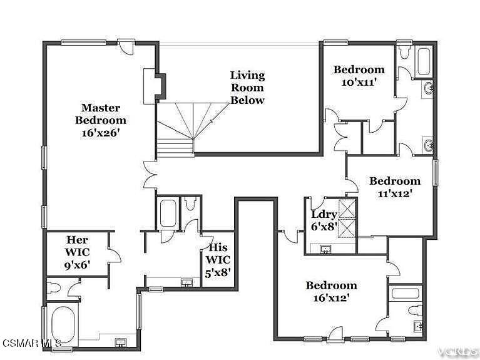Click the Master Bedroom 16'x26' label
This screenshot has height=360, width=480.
[x=101, y=121]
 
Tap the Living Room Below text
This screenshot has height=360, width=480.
[x=247, y=88]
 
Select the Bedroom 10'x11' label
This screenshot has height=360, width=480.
[x=359, y=76]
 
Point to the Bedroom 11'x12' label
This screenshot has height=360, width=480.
[x=395, y=187]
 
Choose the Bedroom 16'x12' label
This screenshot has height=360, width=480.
[x=331, y=291]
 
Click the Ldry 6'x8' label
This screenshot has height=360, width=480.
[x=324, y=220]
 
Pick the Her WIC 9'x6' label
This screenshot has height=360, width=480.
[x=77, y=252]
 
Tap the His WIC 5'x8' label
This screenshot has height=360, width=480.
[x=218, y=260]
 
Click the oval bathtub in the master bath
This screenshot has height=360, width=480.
[x=63, y=325]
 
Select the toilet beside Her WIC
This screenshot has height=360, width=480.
[x=54, y=287]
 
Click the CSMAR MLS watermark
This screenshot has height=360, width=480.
[x=31, y=342]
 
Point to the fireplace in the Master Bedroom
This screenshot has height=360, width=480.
[x=155, y=86]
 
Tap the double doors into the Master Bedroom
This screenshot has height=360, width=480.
[x=150, y=175]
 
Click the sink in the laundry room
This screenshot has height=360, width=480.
[x=325, y=249]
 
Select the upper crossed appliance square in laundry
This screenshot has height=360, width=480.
[x=347, y=208]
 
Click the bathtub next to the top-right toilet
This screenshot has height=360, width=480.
[x=424, y=61]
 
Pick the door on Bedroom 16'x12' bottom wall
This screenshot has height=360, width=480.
[x=335, y=334]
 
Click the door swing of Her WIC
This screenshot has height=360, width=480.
[x=114, y=255]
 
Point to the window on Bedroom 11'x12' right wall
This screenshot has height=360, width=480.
[x=436, y=173]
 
